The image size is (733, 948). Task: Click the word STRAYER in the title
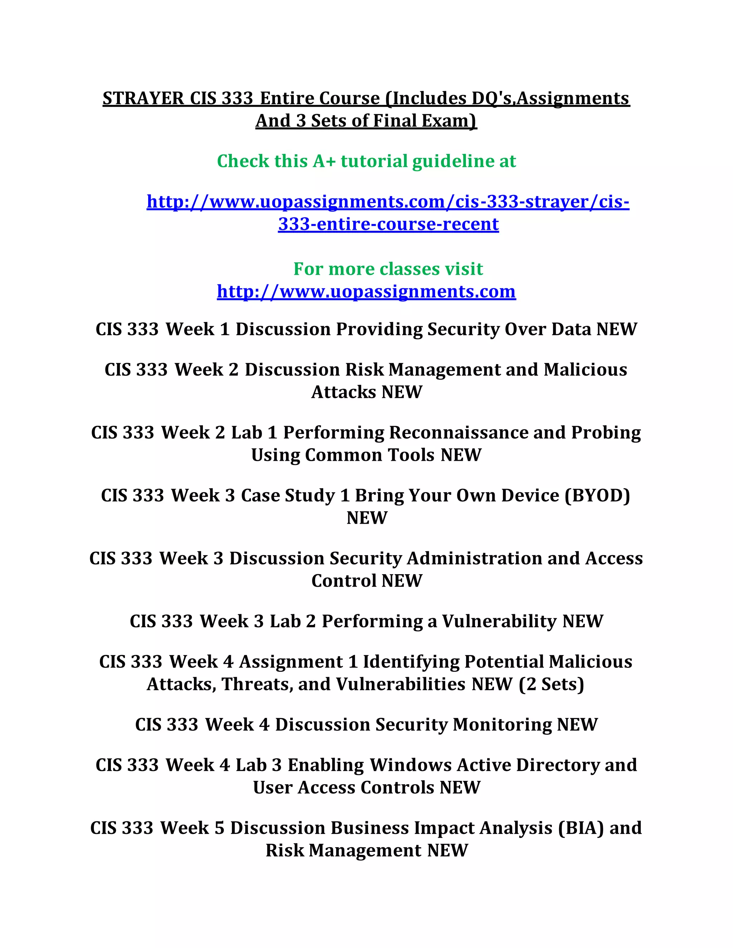(143, 98)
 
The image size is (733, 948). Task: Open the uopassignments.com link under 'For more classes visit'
(366, 291)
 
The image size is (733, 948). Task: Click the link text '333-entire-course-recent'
(388, 224)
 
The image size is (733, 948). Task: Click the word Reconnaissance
(458, 433)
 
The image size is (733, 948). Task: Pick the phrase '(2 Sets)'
(552, 684)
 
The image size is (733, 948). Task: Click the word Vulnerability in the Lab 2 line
(499, 621)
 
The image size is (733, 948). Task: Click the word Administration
(474, 559)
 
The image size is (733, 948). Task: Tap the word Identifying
(411, 662)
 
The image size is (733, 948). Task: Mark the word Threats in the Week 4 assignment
(257, 684)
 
